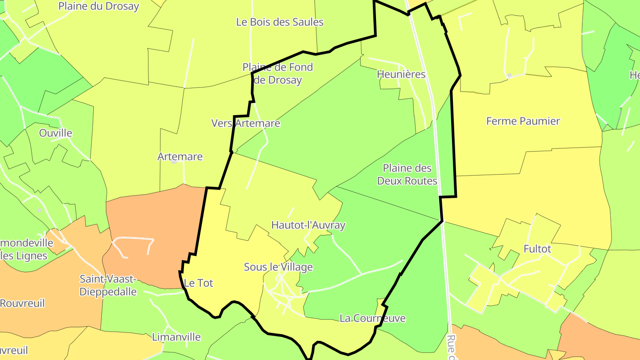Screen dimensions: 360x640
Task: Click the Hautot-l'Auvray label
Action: tap(308, 225)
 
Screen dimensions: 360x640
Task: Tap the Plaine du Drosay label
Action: tap(99, 6)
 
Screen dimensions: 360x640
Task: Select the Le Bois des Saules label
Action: tap(280, 22)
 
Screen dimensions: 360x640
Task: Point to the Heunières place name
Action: tap(401, 74)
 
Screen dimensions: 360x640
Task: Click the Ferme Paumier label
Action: tap(523, 121)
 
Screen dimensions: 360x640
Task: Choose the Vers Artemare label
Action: tap(246, 123)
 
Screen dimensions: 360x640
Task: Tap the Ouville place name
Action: tap(56, 133)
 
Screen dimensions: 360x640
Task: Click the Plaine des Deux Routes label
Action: tap(407, 175)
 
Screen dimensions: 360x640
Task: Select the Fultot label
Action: tap(537, 249)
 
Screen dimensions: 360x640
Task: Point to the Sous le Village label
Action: tap(278, 267)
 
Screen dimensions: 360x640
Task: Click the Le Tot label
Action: tap(198, 283)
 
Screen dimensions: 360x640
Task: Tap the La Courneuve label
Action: tap(372, 318)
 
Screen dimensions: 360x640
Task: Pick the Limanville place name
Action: tap(176, 337)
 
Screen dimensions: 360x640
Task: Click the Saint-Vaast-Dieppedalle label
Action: tap(108, 285)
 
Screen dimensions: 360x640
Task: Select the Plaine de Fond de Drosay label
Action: tap(278, 74)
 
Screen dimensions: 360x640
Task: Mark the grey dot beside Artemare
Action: tap(174, 162)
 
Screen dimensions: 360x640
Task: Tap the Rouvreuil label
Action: tap(22, 304)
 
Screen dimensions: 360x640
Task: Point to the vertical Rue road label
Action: tap(452, 347)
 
